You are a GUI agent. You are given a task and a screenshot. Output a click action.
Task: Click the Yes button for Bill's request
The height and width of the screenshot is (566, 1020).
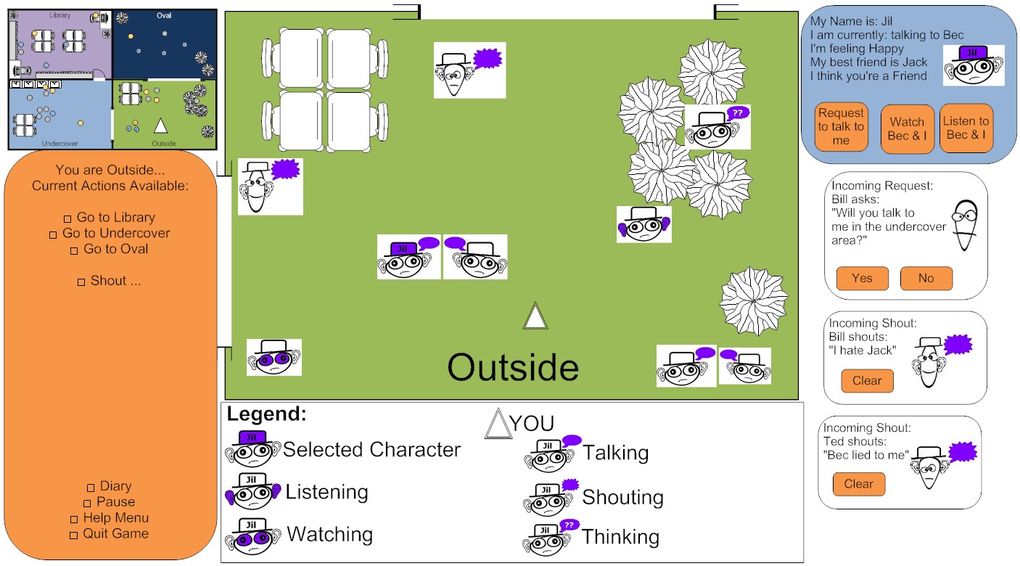862,278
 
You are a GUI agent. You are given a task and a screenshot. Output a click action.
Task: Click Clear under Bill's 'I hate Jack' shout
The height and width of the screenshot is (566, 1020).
867,381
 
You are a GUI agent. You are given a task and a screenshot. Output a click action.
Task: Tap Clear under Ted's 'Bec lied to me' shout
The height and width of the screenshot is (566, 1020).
859,483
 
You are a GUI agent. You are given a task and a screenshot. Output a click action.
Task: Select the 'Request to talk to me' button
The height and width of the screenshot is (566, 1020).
841,126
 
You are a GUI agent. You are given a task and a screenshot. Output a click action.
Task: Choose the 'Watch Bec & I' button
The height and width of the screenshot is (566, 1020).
907,129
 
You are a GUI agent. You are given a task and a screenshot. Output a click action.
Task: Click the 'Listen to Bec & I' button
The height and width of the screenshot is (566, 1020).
966,128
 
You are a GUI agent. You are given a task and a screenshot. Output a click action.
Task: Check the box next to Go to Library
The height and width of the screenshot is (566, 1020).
67,218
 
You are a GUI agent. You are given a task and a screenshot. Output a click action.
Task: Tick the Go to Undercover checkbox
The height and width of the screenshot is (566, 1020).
53,234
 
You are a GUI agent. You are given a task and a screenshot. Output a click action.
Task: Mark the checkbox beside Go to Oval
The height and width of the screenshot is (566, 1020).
74,250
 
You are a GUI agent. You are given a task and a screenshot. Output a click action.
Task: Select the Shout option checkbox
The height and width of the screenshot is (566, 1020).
81,282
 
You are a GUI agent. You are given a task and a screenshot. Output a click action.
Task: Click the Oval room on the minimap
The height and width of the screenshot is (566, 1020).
165,44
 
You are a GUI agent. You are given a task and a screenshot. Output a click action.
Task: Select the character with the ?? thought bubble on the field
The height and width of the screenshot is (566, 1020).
717,127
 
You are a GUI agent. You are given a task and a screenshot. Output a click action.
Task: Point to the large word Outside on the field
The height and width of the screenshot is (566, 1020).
513,367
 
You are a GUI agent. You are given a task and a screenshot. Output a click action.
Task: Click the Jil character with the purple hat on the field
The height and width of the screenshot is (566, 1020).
408,257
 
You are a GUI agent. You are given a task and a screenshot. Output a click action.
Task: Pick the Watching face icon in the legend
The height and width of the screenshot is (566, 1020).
252,536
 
